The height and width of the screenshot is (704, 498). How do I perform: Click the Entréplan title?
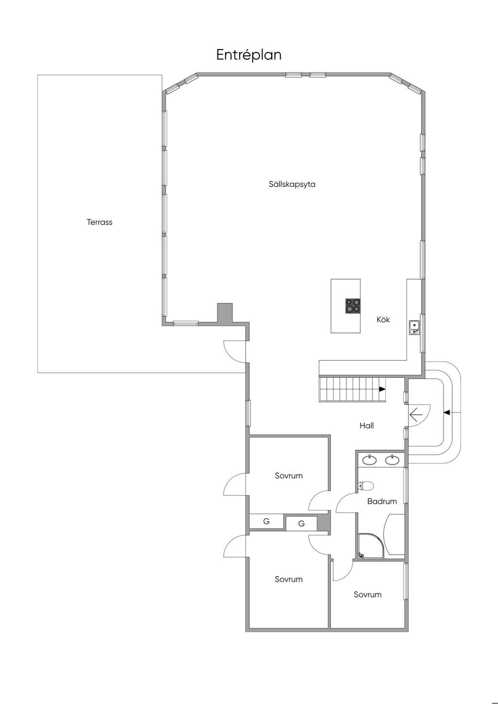249,55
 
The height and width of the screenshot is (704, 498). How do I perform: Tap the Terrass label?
99,222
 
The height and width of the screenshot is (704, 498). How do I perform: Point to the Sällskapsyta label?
292,184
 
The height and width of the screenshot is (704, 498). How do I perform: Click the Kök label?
383,319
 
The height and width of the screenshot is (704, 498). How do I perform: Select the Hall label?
367,425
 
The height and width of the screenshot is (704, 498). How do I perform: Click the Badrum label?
382,501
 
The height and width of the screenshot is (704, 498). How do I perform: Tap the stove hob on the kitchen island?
353,306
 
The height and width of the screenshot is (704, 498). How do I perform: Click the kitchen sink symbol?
414,328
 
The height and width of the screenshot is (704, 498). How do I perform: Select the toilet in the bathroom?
366,486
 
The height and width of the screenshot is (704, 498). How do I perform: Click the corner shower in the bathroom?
371,546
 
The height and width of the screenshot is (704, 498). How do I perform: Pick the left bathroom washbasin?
370,460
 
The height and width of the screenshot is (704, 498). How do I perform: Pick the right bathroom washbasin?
392,460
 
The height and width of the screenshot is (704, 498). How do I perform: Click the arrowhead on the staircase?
382,389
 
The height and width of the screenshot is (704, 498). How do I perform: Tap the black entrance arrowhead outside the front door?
446,412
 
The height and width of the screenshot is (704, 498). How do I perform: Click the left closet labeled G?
267,521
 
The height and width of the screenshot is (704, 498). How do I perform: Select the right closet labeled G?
301,524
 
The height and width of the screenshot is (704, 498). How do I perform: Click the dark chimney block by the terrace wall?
225,313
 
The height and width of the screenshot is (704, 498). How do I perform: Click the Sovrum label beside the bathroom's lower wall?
368,594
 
